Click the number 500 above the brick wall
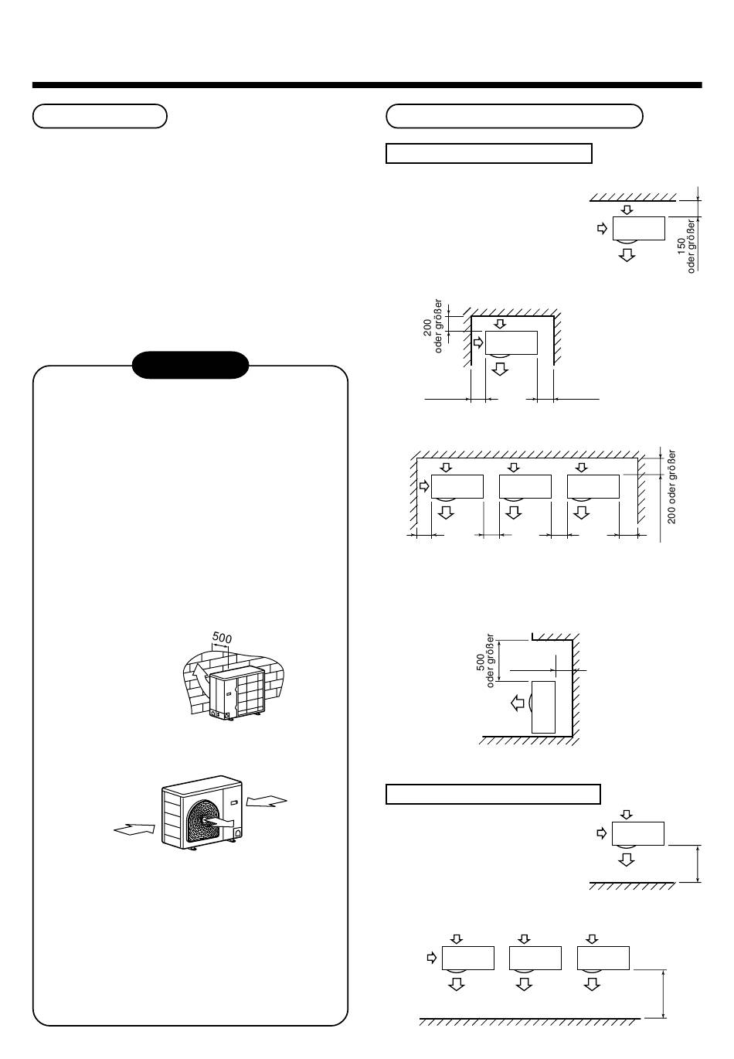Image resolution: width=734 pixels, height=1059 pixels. tap(222, 638)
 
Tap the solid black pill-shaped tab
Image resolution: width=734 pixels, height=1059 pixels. tap(191, 365)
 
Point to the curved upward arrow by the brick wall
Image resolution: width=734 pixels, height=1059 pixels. tap(201, 676)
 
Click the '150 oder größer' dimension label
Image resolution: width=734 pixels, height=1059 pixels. tap(686, 246)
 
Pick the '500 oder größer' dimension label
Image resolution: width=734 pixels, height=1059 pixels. tap(485, 661)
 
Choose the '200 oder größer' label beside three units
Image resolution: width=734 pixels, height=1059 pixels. tap(671, 486)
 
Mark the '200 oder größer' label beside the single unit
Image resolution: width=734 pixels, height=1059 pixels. tap(433, 325)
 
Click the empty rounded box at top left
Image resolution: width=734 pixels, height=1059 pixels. tap(100, 116)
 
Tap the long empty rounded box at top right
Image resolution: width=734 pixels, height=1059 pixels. tap(515, 116)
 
